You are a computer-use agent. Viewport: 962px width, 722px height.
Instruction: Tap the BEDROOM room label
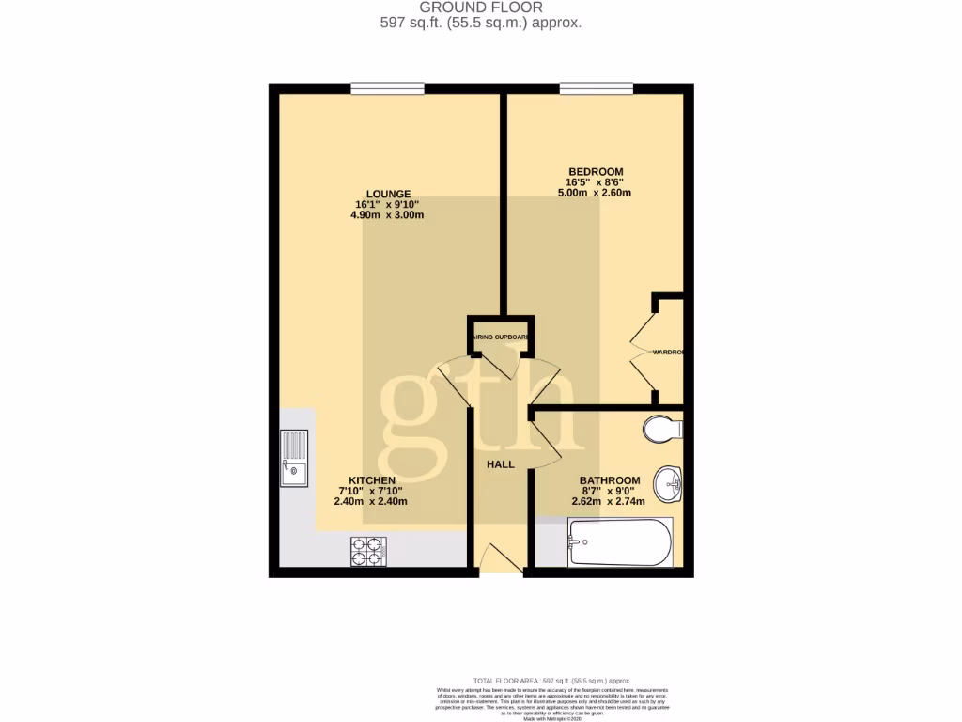click(x=595, y=172)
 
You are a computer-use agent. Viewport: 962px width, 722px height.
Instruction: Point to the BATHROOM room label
click(x=610, y=480)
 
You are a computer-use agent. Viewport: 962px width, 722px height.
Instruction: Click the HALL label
click(x=500, y=464)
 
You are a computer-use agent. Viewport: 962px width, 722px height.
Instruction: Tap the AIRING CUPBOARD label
click(x=501, y=337)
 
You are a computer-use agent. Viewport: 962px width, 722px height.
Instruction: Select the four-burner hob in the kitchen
click(x=368, y=551)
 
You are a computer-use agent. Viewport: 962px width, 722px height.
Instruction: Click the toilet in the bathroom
click(x=663, y=430)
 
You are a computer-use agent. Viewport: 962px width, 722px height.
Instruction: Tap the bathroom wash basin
click(x=671, y=484)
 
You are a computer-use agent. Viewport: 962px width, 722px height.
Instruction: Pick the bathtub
click(x=620, y=543)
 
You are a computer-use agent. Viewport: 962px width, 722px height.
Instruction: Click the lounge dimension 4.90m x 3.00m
click(x=387, y=215)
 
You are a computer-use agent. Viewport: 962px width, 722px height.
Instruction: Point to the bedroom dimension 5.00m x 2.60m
click(x=595, y=194)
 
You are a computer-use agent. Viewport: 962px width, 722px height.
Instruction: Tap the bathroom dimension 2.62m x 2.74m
click(x=609, y=501)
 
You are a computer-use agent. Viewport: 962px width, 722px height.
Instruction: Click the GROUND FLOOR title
click(x=480, y=8)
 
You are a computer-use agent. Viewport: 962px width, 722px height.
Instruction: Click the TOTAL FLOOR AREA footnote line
click(x=551, y=681)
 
